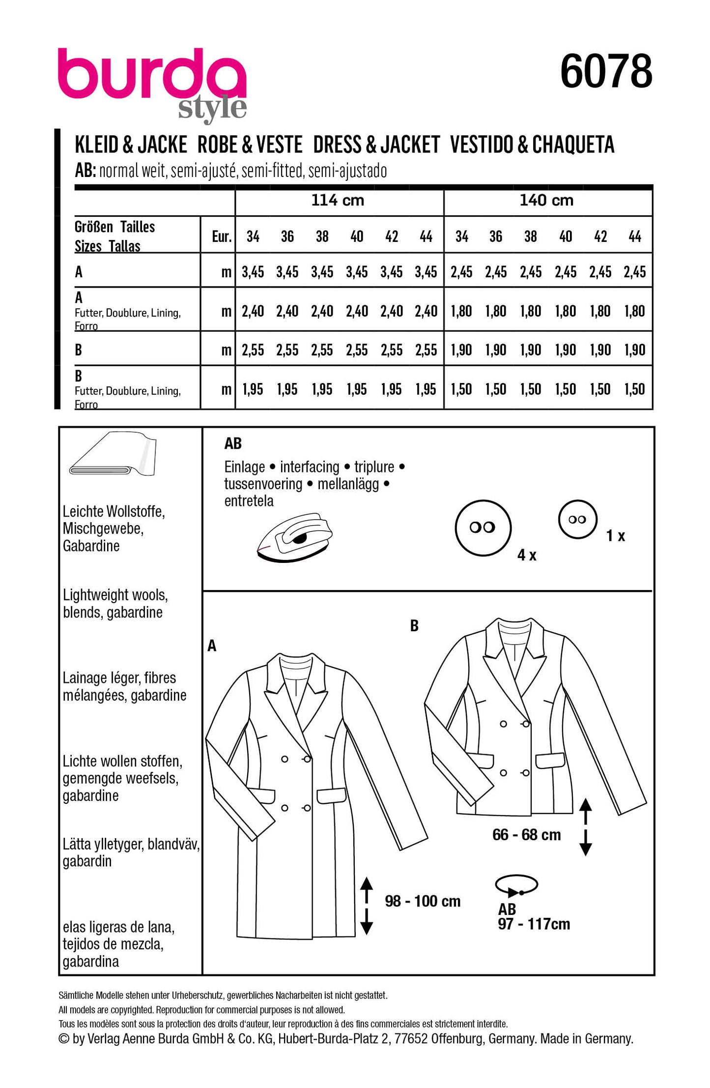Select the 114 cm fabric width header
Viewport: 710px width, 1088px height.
(338, 201)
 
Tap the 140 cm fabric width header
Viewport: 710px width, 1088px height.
(546, 201)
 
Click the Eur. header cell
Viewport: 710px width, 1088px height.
(222, 237)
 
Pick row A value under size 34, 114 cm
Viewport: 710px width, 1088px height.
(253, 272)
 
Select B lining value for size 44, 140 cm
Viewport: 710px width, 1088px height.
(634, 389)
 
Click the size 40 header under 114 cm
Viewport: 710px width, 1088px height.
(357, 237)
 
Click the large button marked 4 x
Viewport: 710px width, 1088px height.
(483, 528)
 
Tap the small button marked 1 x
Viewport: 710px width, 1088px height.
(577, 520)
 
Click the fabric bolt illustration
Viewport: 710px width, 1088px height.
(114, 455)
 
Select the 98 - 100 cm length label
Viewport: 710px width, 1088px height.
(423, 901)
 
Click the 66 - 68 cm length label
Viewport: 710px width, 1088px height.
(526, 835)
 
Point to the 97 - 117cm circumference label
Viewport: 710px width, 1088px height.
(534, 924)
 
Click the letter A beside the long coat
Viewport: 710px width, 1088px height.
(212, 646)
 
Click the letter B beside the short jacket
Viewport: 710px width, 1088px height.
(414, 626)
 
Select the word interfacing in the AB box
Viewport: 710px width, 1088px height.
(309, 467)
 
